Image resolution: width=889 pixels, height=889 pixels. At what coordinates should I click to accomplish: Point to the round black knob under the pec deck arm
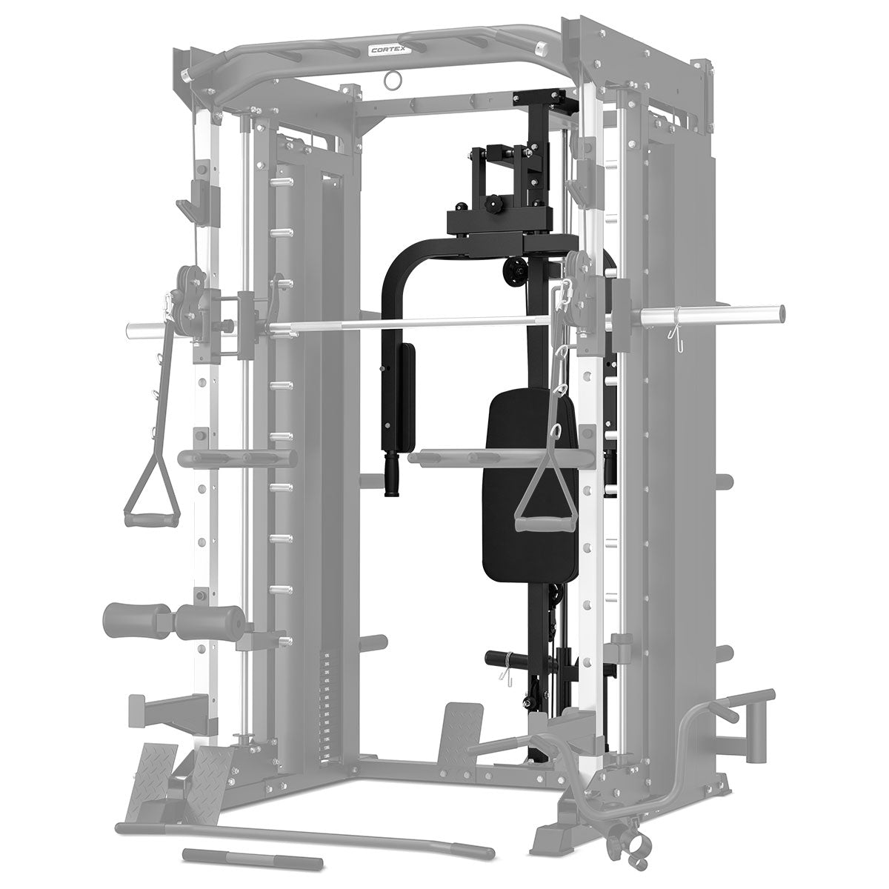514,271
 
